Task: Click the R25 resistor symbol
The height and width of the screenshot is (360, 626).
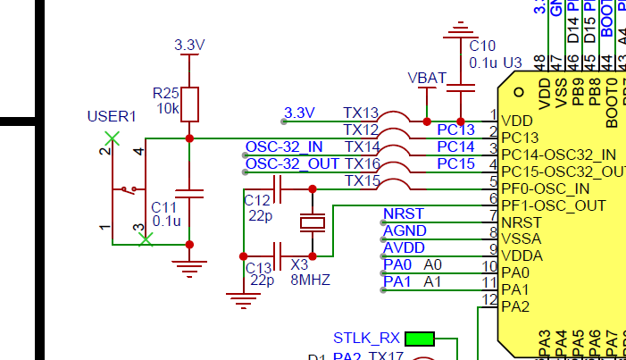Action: [x=189, y=103]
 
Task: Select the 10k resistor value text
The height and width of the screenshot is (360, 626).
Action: [x=167, y=109]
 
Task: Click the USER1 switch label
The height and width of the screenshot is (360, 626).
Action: [x=112, y=116]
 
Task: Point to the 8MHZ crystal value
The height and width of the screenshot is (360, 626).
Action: [x=311, y=280]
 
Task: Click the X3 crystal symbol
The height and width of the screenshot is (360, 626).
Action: [x=313, y=222]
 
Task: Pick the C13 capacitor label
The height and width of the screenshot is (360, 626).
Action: [x=259, y=267]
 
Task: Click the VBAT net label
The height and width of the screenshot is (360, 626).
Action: [x=426, y=78]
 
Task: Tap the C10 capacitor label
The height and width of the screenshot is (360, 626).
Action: [x=481, y=46]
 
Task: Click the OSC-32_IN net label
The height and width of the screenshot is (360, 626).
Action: [x=284, y=147]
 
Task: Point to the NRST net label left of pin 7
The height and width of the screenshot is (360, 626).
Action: [x=403, y=213]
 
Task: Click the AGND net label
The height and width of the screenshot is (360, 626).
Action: [x=405, y=230]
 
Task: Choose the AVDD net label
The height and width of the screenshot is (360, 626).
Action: [x=404, y=247]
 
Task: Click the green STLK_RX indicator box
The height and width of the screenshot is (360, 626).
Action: [x=419, y=339]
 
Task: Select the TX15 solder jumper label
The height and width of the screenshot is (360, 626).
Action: [x=362, y=180]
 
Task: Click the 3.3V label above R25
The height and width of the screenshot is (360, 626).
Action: [x=189, y=45]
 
